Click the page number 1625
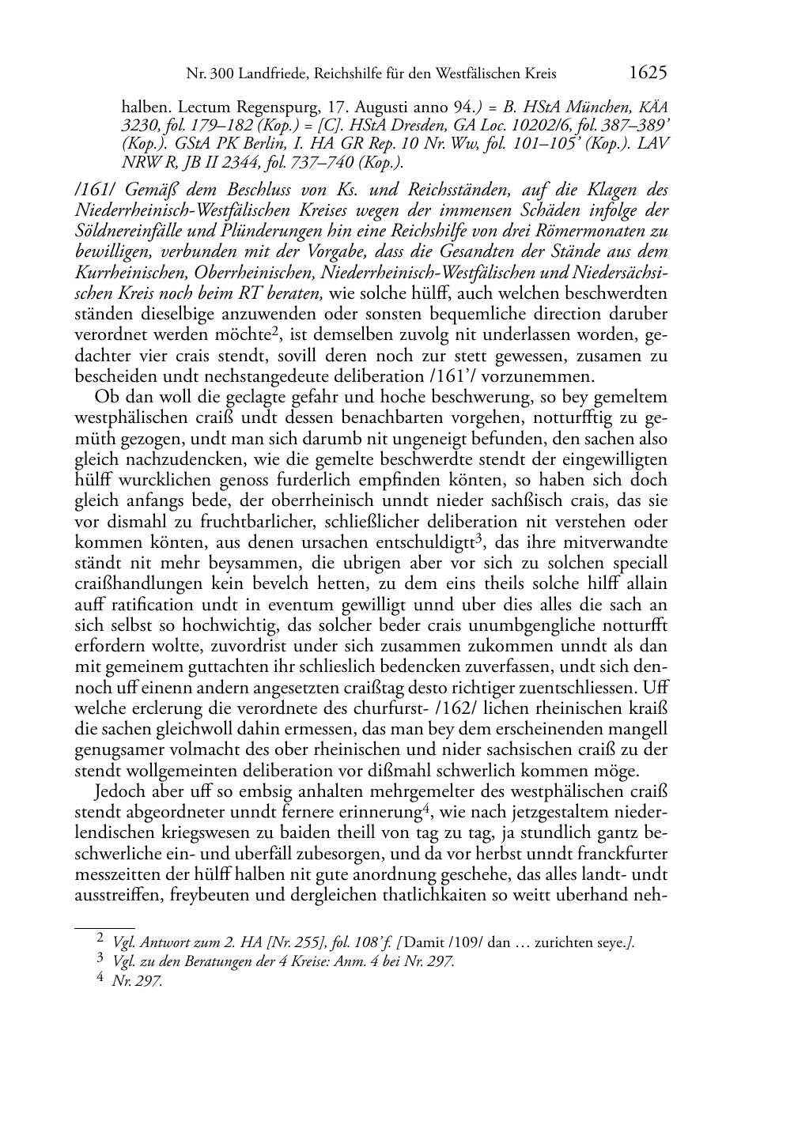tap(648, 73)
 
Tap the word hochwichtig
tap(198, 625)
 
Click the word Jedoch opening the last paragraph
tap(119, 791)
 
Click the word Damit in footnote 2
tap(424, 942)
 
